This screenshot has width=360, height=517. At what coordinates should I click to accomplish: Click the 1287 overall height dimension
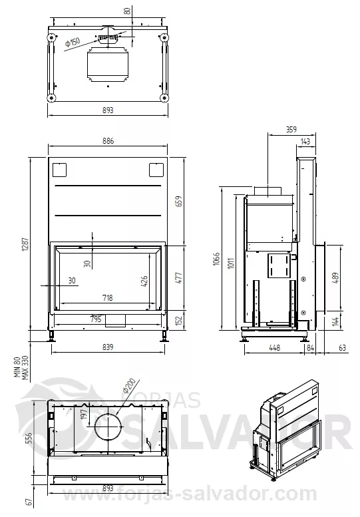(x=26, y=246)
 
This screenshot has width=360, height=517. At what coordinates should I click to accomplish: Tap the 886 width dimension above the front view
(x=108, y=141)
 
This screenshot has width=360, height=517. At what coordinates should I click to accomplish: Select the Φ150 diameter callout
(x=73, y=43)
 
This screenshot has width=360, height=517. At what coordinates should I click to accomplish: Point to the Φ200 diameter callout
(x=129, y=386)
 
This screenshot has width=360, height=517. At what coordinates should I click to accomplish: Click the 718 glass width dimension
(x=108, y=297)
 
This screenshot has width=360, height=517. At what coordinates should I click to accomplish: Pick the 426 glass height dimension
(x=144, y=281)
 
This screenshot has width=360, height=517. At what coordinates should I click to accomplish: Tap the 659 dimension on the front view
(x=178, y=201)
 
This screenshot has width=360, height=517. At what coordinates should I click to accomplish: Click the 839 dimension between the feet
(x=108, y=347)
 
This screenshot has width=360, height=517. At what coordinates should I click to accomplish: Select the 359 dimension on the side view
(x=291, y=130)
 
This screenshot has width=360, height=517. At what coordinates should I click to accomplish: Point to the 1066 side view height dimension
(x=216, y=259)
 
